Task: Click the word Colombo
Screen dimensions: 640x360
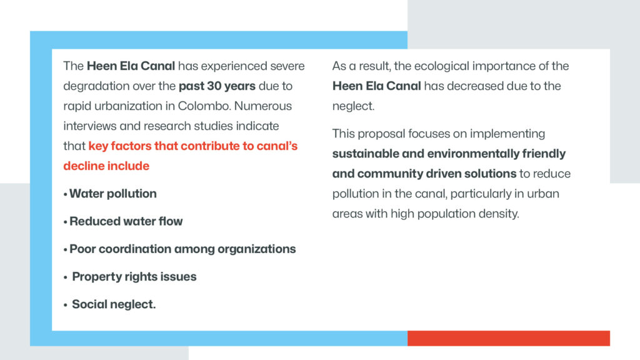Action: [204, 106]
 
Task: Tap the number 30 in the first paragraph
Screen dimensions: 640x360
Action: [214, 86]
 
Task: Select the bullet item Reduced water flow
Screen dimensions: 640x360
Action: [126, 221]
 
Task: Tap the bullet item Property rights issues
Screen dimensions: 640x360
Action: [134, 277]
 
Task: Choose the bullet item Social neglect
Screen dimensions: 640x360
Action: [114, 304]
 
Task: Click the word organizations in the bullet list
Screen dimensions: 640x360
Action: [257, 249]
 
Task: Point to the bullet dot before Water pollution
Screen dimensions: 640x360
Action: [65, 195]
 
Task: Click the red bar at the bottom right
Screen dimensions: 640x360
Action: [509, 338]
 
